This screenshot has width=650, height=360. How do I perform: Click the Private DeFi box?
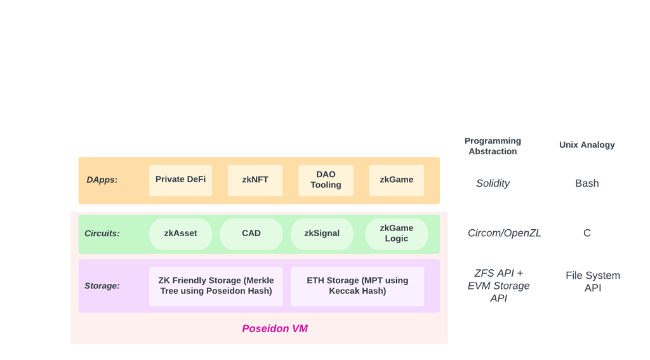click(180, 180)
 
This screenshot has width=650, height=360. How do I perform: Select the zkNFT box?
click(255, 180)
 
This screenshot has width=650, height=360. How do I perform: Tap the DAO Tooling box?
click(326, 180)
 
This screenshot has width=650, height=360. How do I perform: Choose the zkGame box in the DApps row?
click(396, 180)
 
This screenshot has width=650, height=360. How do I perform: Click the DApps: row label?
click(102, 180)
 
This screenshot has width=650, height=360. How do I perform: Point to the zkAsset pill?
click(180, 234)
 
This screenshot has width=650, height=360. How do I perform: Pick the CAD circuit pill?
click(251, 234)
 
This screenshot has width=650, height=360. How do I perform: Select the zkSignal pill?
click(322, 234)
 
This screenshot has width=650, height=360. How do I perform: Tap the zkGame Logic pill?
click(396, 234)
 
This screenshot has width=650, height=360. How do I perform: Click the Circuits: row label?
click(102, 234)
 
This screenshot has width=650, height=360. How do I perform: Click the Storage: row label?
click(102, 286)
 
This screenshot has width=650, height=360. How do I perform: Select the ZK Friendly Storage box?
click(216, 286)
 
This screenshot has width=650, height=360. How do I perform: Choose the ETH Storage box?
click(357, 286)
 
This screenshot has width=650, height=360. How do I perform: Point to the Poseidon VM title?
click(275, 329)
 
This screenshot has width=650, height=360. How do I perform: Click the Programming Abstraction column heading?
click(493, 146)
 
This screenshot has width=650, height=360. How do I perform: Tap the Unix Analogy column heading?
click(587, 145)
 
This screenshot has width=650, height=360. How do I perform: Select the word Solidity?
click(493, 183)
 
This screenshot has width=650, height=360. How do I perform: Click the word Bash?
click(587, 183)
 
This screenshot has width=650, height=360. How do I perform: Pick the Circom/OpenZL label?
click(504, 233)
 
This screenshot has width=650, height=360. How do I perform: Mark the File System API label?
click(592, 281)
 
